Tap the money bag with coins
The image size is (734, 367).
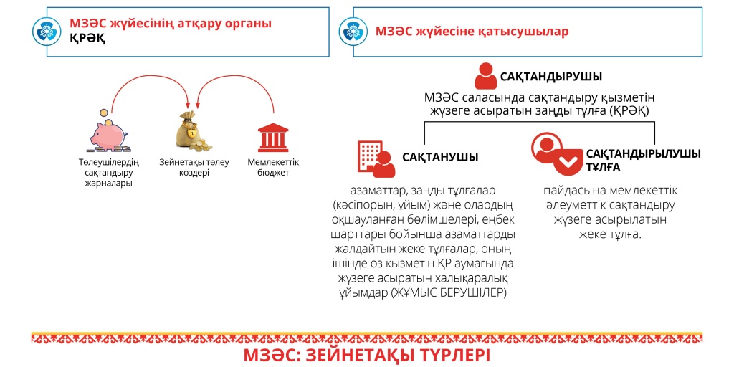pos(192,132)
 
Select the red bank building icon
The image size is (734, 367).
pos(273,137)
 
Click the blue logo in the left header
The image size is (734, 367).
pos(47,32)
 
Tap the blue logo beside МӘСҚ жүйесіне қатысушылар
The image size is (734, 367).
pos(353,32)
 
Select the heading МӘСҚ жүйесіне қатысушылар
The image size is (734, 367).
pos(472,32)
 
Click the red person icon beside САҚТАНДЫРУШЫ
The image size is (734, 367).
pos(486,76)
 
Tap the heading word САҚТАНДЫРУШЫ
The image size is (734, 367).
pos(551,77)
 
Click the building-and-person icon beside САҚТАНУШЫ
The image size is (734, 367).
pos(376,158)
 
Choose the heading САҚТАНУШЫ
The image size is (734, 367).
pos(440,157)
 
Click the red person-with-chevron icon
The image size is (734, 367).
pos(556,151)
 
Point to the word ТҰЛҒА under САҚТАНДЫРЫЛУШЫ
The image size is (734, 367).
pos(603,168)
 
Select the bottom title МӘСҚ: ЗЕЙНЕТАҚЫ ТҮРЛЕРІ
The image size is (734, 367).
pos(366,356)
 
